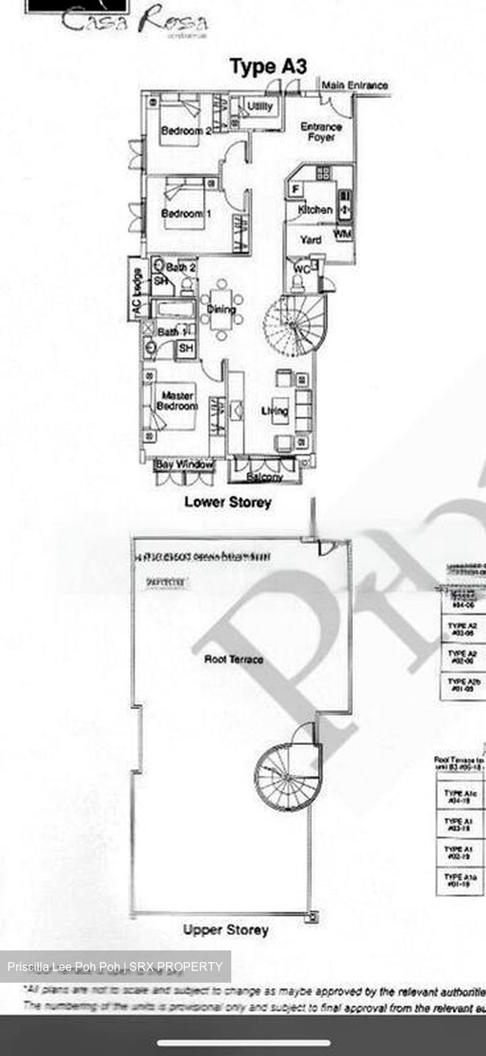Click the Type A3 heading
tap(268, 67)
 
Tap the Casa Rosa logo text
tap(134, 21)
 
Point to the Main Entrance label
tap(355, 86)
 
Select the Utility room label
tap(260, 107)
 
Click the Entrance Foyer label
tap(322, 132)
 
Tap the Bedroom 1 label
tap(181, 213)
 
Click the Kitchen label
tap(315, 210)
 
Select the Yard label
tap(311, 240)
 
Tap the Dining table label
tap(221, 309)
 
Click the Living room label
tap(275, 411)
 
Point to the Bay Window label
tap(184, 464)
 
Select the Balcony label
tap(264, 477)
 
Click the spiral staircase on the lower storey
tap(294, 323)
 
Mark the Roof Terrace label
tap(233, 659)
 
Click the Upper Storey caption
tap(225, 930)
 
